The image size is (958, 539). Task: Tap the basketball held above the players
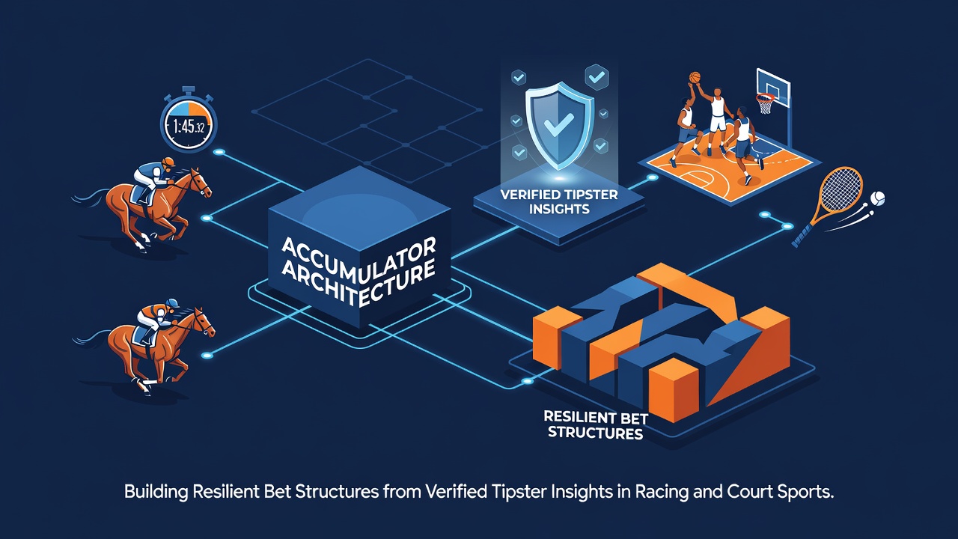click(695, 77)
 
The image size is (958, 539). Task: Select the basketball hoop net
click(765, 104)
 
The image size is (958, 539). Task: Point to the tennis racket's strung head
click(840, 190)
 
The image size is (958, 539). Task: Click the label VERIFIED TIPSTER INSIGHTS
click(559, 202)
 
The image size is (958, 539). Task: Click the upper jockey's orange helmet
click(168, 162)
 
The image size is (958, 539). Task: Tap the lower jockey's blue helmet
click(172, 303)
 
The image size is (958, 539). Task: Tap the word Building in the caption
click(156, 493)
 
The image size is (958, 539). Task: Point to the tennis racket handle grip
click(801, 237)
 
